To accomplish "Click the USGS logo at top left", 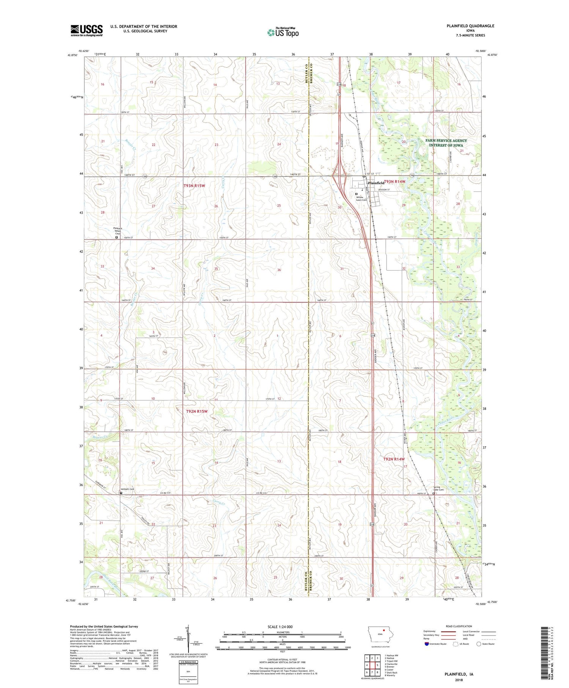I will tap(86, 30).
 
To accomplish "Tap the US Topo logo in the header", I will tap(283, 33).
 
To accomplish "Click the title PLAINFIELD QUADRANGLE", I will tap(471, 26).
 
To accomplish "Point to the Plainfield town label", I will tap(376, 183).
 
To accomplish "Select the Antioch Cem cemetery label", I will tap(127, 489).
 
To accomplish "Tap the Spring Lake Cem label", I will tap(439, 488).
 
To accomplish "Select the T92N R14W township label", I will tap(394, 459).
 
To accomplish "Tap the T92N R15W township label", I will tap(196, 411).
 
